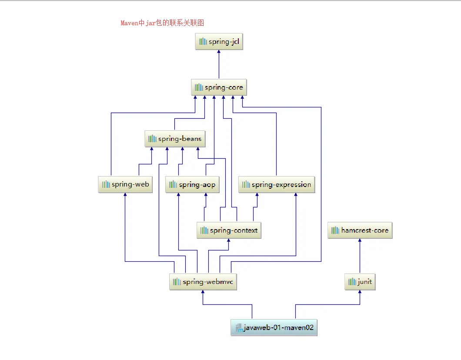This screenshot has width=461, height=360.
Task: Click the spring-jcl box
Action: click(219, 42)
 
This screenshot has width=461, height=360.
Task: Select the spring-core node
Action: click(219, 87)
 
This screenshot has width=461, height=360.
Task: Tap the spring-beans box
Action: click(174, 139)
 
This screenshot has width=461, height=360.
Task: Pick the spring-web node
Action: click(125, 184)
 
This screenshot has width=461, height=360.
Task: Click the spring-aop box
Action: click(192, 185)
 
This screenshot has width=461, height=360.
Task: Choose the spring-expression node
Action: click(277, 185)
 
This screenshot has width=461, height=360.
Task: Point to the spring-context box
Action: click(229, 230)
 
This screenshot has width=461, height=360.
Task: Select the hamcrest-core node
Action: click(360, 230)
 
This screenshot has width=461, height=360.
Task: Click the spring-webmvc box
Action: click(203, 282)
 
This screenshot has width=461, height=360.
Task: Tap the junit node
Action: click(360, 282)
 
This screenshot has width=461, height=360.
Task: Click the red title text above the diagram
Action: click(162, 23)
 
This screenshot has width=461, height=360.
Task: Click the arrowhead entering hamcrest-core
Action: click(360, 241)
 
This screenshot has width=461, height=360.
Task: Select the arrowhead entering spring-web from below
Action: click(125, 195)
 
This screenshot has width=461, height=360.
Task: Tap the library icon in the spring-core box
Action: click(199, 87)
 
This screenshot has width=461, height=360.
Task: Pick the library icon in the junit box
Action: click(352, 282)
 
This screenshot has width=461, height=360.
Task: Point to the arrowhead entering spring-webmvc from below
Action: click(203, 292)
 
